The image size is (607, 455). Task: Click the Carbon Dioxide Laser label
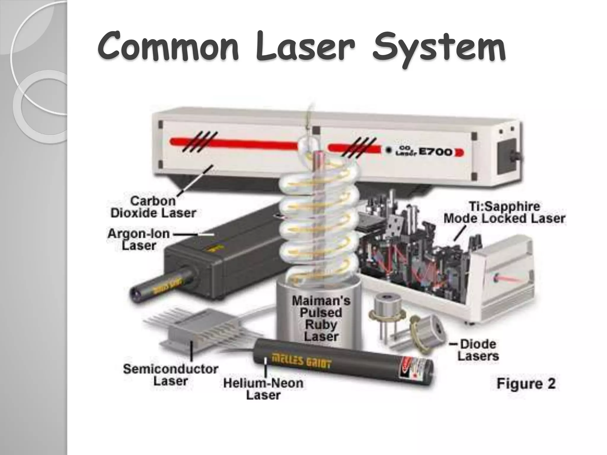coord(153,207)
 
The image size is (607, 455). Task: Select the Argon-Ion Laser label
coord(139,239)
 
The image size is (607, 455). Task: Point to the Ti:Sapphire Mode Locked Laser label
coord(504,212)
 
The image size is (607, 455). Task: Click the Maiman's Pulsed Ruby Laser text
coord(321,318)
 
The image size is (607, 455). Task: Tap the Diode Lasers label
coord(478,350)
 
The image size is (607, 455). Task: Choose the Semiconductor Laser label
coord(170,375)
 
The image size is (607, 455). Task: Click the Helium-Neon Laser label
coord(263,389)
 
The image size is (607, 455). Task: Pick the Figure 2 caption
coord(526,384)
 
